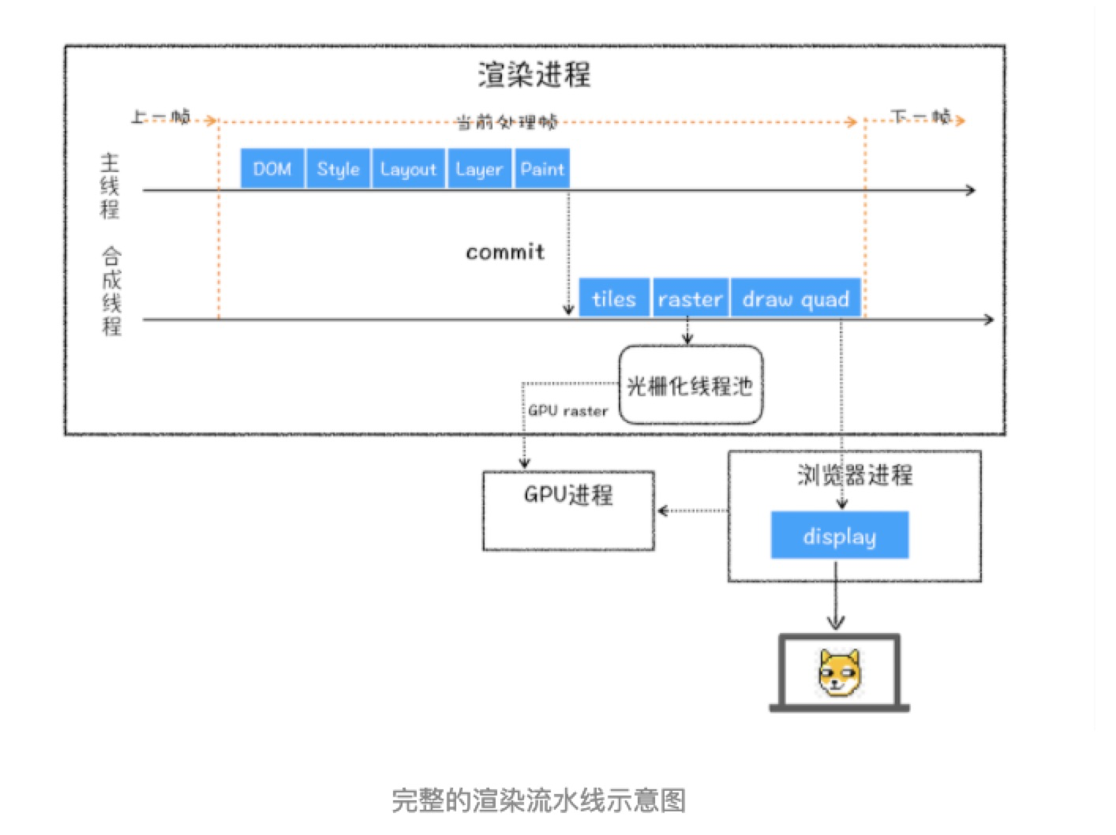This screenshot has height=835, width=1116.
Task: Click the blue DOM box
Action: point(272,169)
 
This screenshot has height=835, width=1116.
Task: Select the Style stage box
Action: point(338,169)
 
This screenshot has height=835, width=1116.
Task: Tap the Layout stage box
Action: point(408,169)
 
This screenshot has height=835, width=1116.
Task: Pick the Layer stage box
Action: point(479,169)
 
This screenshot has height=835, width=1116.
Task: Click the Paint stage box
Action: point(542,169)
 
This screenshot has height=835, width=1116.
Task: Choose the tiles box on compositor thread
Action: point(614,299)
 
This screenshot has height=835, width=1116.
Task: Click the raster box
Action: point(690,299)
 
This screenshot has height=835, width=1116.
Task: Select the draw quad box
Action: point(796,299)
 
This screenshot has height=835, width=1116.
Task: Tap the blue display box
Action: point(839,536)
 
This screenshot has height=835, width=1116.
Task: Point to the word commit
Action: point(505,252)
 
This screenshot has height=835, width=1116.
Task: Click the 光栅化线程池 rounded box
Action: point(691,385)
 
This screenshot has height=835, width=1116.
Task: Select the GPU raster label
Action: point(568,410)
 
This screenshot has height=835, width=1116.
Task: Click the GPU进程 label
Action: point(568,495)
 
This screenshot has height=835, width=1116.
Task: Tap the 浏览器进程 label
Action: point(855,474)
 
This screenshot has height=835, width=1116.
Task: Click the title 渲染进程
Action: point(534,74)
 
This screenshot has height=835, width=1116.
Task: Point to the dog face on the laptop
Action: point(839,673)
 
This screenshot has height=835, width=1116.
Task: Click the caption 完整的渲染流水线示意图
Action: point(539,799)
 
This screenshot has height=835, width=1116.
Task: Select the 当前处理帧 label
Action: point(507,122)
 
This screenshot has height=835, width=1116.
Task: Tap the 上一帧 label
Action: point(160,117)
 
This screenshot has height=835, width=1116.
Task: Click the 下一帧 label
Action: point(920,117)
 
